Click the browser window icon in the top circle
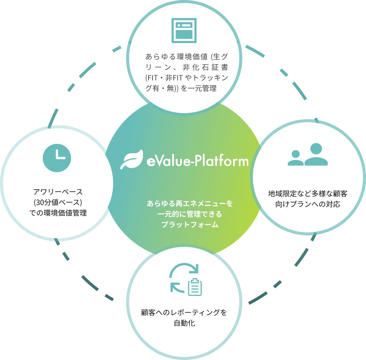[x=184, y=30]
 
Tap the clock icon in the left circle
[x=57, y=158]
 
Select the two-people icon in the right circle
[x=308, y=155]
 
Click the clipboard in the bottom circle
[x=195, y=287]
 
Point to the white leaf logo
[x=132, y=160]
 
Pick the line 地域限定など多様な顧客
[x=308, y=193]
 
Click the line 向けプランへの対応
[x=308, y=204]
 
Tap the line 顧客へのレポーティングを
[x=184, y=312]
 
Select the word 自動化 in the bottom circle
[x=184, y=323]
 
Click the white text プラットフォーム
[x=190, y=225]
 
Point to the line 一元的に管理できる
[x=190, y=214]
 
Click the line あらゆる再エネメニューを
[x=190, y=203]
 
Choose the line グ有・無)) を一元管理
[x=181, y=88]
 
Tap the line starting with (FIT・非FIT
[x=187, y=78]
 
